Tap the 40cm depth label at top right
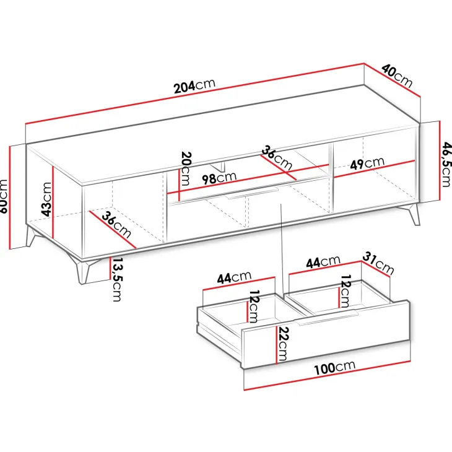[398, 76]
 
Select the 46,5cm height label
[446, 164]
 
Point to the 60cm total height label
[4, 196]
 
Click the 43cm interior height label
[46, 199]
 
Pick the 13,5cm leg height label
[117, 279]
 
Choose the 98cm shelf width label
[219, 178]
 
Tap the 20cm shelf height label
[185, 168]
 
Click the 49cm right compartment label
[367, 163]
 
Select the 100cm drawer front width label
[334, 368]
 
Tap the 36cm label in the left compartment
[116, 225]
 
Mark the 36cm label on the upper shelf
[277, 158]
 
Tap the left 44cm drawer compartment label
[234, 277]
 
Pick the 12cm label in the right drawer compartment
[345, 291]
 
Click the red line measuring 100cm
[327, 375]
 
